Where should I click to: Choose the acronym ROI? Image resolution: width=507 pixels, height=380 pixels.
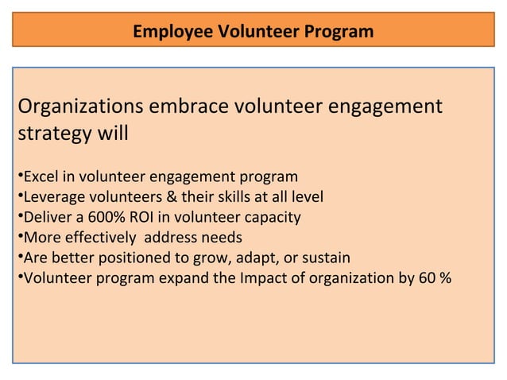[x=148, y=216]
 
